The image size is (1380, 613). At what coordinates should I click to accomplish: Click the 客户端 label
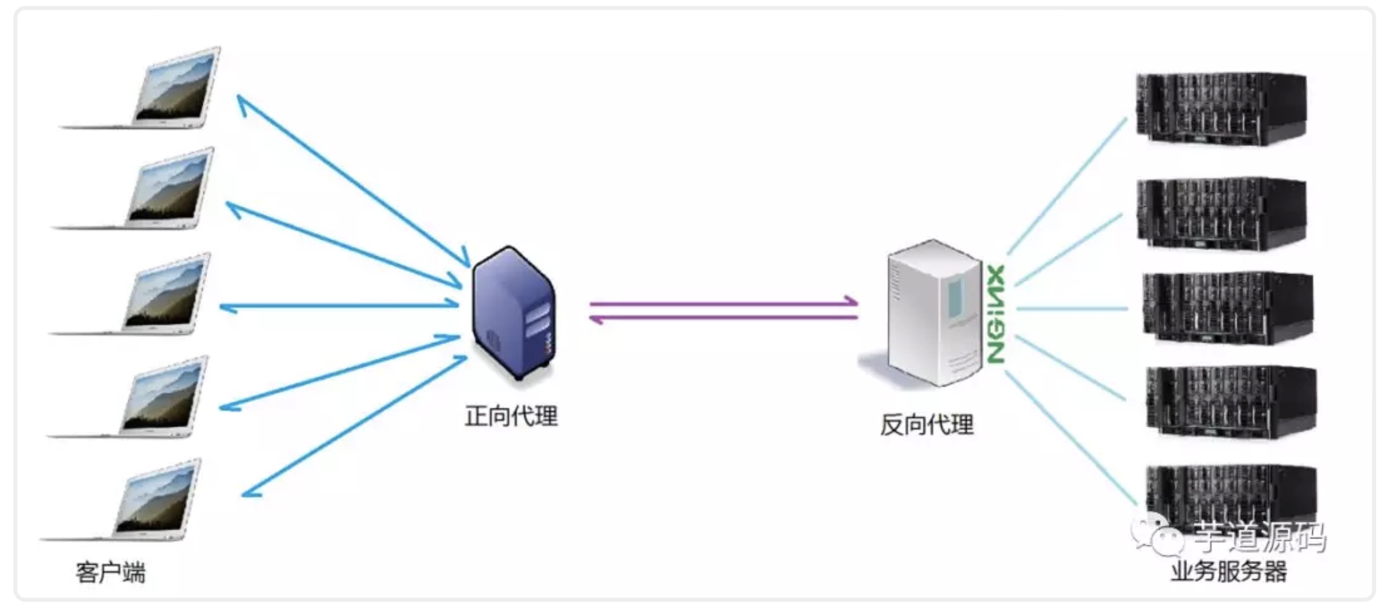pyautogui.click(x=111, y=573)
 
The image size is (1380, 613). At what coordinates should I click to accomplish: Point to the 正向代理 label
pyautogui.click(x=511, y=416)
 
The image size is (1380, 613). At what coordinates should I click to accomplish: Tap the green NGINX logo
pyautogui.click(x=995, y=314)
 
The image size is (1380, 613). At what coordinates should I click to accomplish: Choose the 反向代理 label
pyautogui.click(x=926, y=425)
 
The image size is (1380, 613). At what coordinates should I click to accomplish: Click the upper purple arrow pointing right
pyautogui.click(x=724, y=302)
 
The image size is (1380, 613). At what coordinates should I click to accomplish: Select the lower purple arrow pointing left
pyautogui.click(x=724, y=317)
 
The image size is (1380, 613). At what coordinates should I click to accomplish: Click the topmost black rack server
pyautogui.click(x=1221, y=109)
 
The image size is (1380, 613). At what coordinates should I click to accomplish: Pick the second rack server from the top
pyautogui.click(x=1221, y=214)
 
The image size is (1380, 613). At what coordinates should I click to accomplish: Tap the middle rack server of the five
pyautogui.click(x=1227, y=308)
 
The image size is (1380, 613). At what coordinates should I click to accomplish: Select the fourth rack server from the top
pyautogui.click(x=1230, y=402)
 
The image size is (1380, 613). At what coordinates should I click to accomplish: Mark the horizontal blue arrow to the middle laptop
pyautogui.click(x=339, y=306)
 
